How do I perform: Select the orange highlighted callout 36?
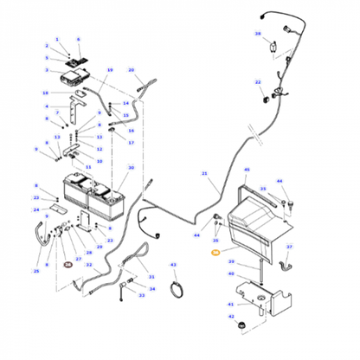pyautogui.click(x=216, y=252)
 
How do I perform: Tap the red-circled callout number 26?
pyautogui.click(x=68, y=264)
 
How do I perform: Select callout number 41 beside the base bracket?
pyautogui.click(x=231, y=304)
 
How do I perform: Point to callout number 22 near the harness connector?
pyautogui.click(x=258, y=81)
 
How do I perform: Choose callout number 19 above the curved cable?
pyautogui.click(x=110, y=69)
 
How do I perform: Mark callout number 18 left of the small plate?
pyautogui.click(x=45, y=91)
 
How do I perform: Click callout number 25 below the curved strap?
pyautogui.click(x=36, y=271)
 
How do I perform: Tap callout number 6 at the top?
pyautogui.click(x=78, y=40)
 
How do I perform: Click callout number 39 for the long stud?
pyautogui.click(x=231, y=260)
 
